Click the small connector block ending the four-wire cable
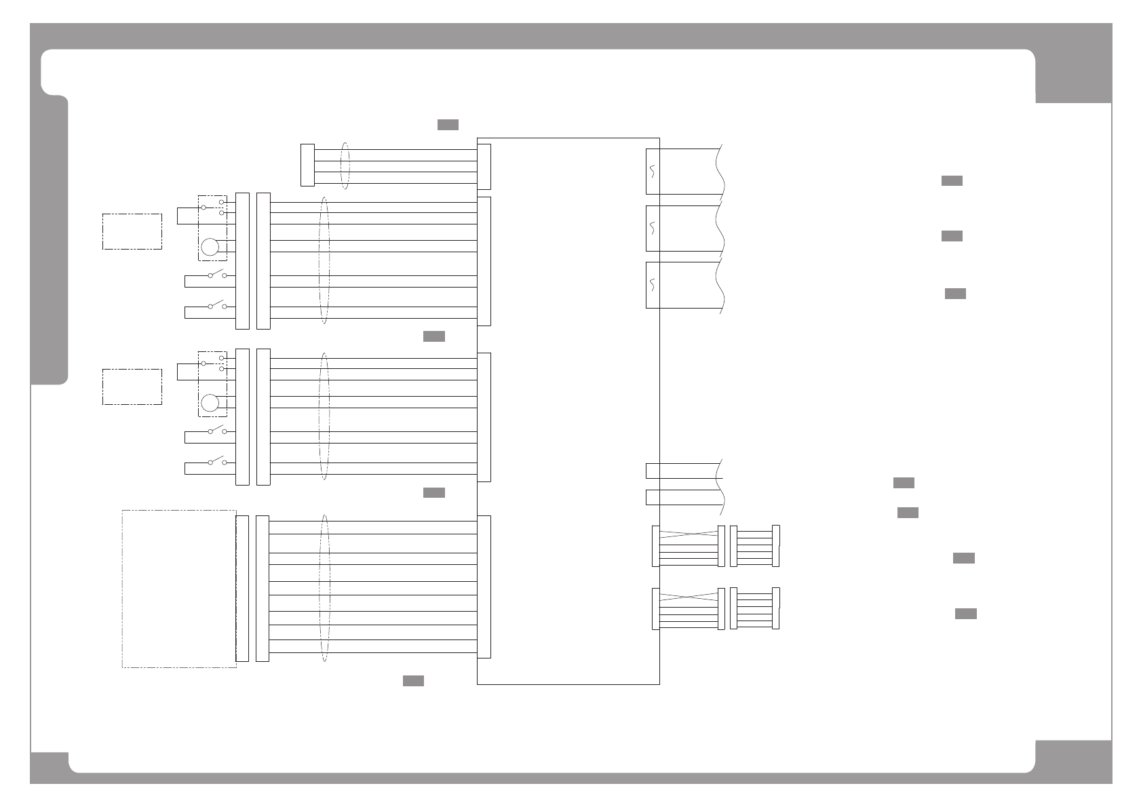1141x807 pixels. click(307, 165)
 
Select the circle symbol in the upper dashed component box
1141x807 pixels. click(210, 247)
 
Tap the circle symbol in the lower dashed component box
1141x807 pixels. click(210, 403)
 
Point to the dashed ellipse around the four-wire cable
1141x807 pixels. click(346, 165)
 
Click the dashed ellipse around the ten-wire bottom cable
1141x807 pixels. click(324, 587)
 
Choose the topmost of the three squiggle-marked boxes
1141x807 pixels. click(652, 172)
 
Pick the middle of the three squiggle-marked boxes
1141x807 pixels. click(652, 228)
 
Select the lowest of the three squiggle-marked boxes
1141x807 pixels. click(652, 285)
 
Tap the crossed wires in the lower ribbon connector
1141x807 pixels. click(689, 597)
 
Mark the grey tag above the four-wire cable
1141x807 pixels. click(448, 125)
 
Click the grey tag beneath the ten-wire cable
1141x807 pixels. click(413, 681)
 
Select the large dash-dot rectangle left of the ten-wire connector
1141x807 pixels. click(179, 589)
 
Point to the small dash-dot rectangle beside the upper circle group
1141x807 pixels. click(132, 231)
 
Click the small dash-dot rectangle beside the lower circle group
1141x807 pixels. click(132, 387)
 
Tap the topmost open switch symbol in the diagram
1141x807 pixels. click(216, 274)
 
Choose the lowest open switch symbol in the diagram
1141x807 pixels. click(216, 461)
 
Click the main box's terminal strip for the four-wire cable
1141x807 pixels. click(484, 167)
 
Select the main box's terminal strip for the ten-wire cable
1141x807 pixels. click(484, 587)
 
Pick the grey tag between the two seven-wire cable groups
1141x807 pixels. click(434, 336)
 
